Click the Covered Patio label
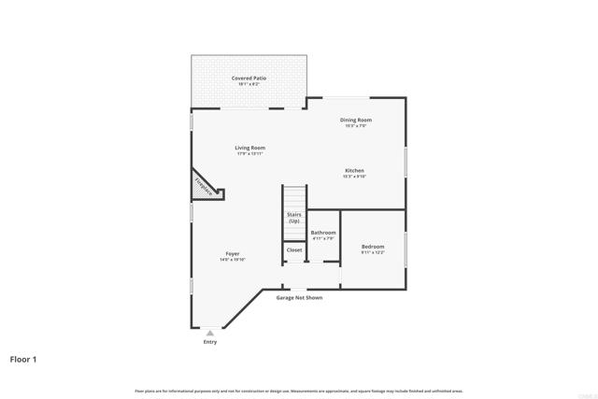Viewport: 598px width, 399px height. [x=249, y=78]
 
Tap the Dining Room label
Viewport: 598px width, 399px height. [x=356, y=120]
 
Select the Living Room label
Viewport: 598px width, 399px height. [x=249, y=148]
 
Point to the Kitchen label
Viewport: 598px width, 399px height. [x=354, y=171]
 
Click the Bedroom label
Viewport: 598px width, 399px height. [x=373, y=247]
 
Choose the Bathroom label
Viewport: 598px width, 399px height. [x=323, y=233]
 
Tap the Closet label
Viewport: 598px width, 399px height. [x=294, y=250]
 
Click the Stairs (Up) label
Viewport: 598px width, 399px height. [x=294, y=218]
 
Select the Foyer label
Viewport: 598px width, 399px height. [x=232, y=254]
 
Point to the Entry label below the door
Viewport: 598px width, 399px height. [x=210, y=342]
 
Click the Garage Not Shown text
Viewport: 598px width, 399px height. [x=299, y=298]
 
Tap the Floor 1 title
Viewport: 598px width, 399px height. [x=24, y=359]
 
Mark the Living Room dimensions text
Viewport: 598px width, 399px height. [x=249, y=154]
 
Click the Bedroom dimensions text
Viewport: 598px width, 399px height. [x=373, y=252]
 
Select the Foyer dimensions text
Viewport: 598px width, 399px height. [x=232, y=261]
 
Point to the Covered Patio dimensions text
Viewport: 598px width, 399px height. [x=249, y=85]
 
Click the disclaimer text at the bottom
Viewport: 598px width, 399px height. [x=299, y=391]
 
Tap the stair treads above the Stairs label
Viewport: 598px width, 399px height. [x=294, y=197]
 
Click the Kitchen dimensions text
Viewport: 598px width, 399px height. [x=354, y=177]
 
